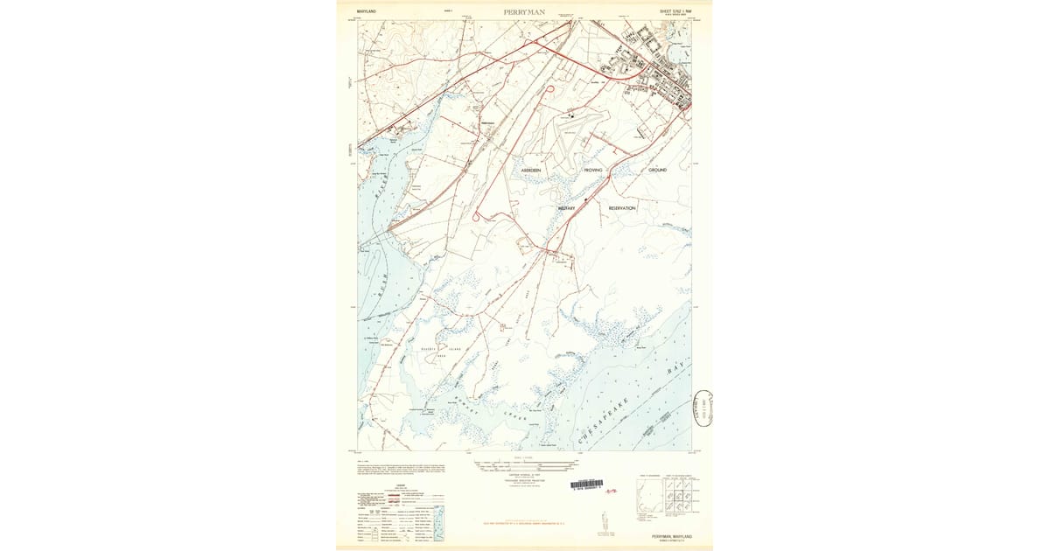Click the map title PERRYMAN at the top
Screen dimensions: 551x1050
(524, 12)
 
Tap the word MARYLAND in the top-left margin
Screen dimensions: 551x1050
(367, 11)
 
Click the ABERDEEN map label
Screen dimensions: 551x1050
(532, 170)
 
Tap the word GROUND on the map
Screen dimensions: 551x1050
(657, 170)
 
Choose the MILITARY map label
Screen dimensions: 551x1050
(567, 208)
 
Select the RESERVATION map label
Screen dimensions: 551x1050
(622, 208)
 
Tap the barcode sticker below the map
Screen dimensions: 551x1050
(586, 484)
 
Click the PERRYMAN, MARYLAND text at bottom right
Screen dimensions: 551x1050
(671, 535)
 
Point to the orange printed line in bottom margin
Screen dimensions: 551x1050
(524, 523)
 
